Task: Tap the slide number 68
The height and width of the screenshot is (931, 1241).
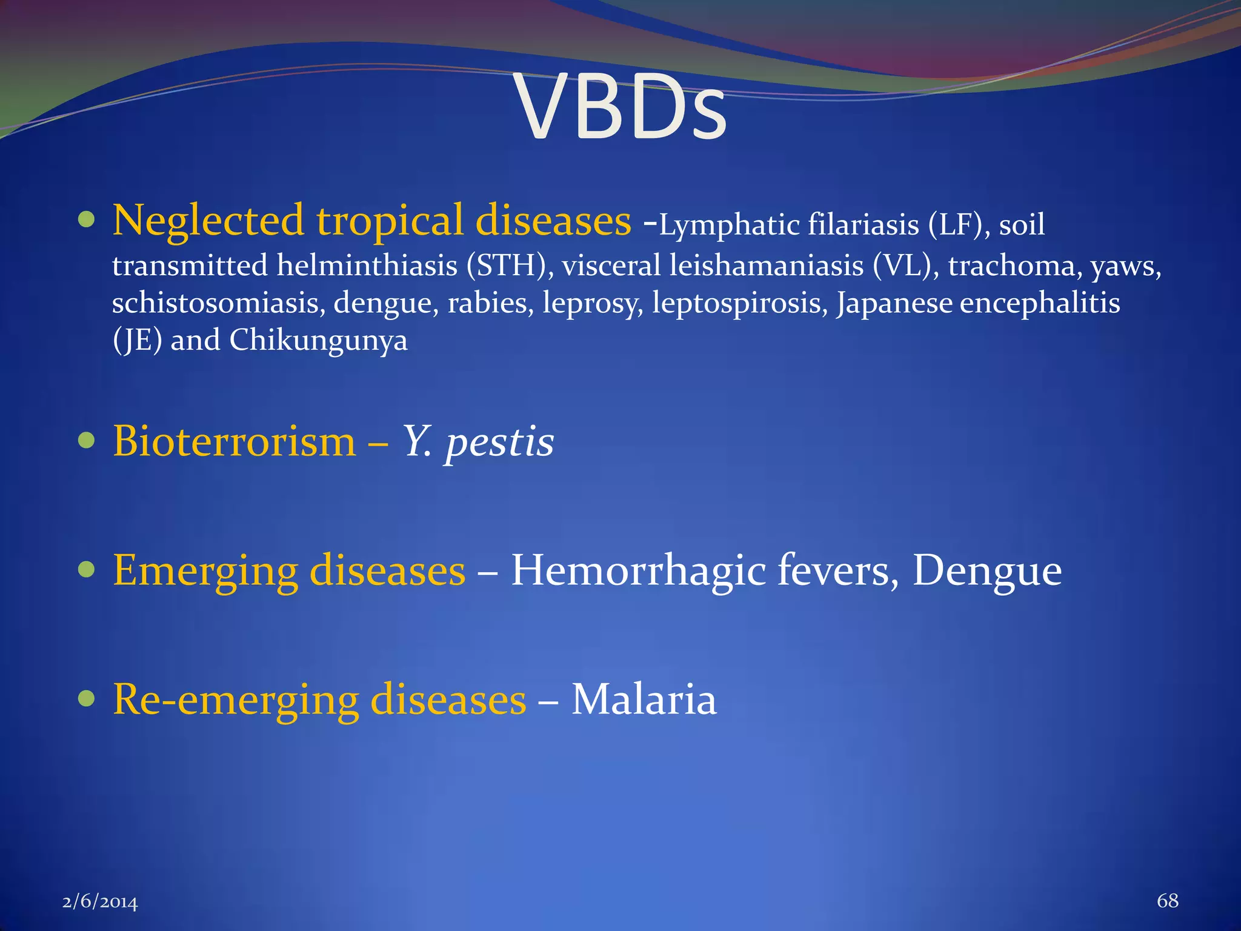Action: click(x=1167, y=901)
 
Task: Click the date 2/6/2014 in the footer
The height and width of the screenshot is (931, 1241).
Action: click(x=100, y=902)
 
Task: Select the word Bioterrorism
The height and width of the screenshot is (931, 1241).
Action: click(x=234, y=441)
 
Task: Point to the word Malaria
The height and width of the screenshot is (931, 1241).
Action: click(x=644, y=699)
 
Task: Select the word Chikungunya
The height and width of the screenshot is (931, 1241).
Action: click(x=318, y=341)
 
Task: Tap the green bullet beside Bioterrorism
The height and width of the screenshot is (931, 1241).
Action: click(x=87, y=440)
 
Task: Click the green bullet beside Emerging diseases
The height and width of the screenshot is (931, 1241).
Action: click(x=87, y=569)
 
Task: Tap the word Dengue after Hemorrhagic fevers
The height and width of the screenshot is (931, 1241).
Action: click(x=986, y=571)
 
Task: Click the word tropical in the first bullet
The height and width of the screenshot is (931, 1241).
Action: click(x=390, y=221)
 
